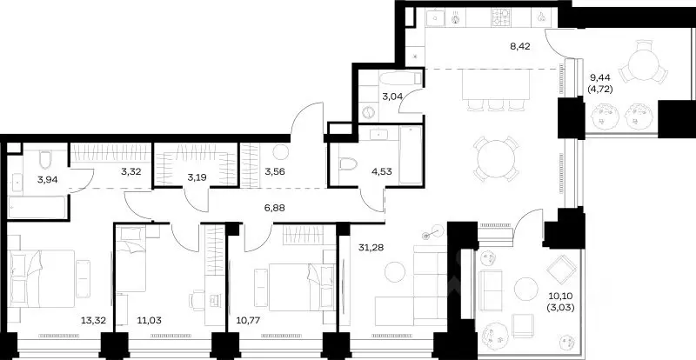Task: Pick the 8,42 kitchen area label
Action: click(520, 46)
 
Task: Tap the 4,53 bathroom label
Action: click(382, 171)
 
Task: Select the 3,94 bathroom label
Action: click(46, 179)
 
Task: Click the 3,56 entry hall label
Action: click(274, 171)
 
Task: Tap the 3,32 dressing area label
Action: click(131, 171)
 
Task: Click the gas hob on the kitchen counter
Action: click(501, 17)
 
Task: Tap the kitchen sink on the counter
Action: click(435, 17)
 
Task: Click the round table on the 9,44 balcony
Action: click(643, 64)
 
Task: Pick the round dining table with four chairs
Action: click(496, 158)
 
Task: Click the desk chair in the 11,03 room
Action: click(197, 300)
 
